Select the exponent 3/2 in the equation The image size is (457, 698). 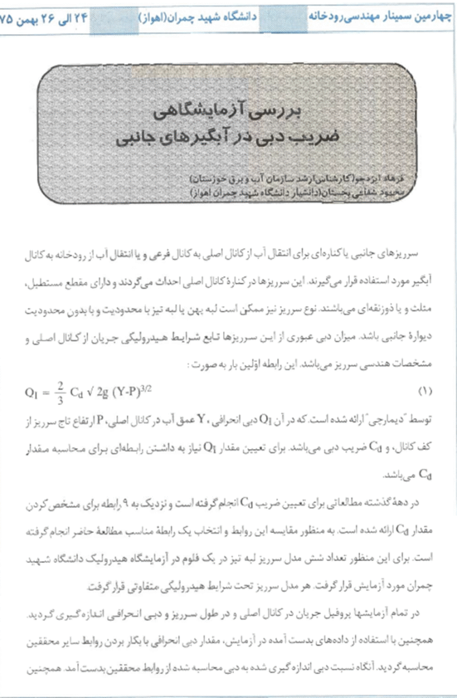(166, 387)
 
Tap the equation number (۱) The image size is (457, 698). (424, 391)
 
